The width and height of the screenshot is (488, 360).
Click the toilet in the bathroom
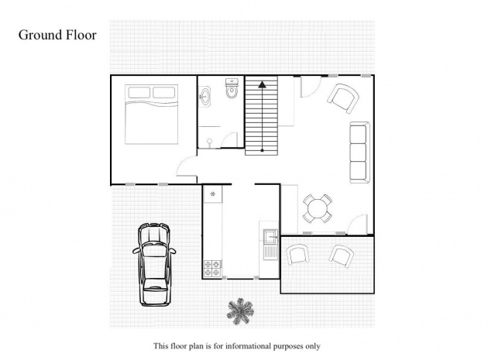point(232,88)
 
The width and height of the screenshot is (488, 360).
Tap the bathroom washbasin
point(204,97)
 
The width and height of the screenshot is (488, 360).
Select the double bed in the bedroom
point(151,114)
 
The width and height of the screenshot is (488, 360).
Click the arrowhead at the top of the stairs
point(262,84)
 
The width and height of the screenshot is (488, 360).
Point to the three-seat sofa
point(359,153)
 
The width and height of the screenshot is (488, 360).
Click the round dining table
point(317,208)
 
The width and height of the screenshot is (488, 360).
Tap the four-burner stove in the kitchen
point(212,269)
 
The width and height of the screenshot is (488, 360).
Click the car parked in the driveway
point(154,265)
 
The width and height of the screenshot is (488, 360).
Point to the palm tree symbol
point(240,311)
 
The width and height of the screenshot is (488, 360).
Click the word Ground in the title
point(40,35)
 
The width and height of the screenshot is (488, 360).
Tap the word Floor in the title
point(81,35)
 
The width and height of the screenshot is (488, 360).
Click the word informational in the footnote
point(248,346)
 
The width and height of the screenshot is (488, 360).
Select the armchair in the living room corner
point(343,98)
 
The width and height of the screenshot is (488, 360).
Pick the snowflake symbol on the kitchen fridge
point(213,194)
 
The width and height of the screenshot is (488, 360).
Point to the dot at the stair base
point(262,151)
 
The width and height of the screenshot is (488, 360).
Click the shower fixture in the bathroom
point(209,142)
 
